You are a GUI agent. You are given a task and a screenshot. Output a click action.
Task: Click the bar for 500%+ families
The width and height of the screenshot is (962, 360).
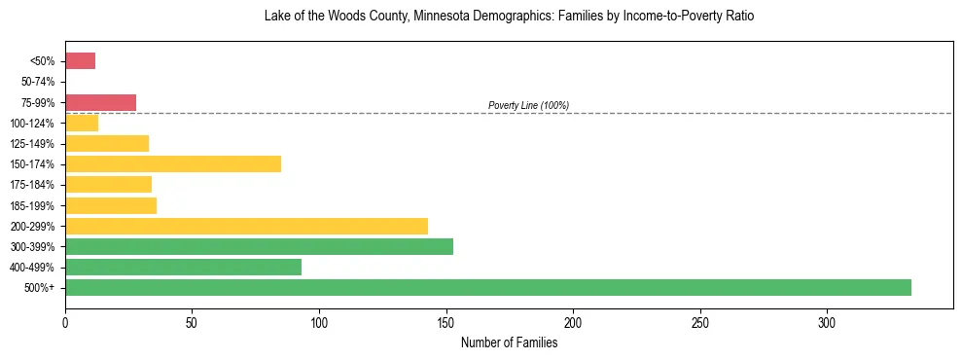(x=487, y=287)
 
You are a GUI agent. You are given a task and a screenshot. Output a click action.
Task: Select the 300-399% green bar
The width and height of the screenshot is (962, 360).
(x=259, y=246)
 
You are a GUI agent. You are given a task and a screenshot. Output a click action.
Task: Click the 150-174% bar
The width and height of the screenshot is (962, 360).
(x=173, y=163)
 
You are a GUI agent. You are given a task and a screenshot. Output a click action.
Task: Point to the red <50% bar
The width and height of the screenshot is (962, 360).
(x=80, y=60)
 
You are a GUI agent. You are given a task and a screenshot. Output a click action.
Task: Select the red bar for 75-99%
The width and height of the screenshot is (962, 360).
(x=100, y=102)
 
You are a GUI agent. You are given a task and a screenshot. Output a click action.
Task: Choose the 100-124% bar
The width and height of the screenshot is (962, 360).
(x=82, y=123)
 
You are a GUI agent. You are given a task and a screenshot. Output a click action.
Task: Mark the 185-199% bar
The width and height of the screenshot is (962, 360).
(x=111, y=205)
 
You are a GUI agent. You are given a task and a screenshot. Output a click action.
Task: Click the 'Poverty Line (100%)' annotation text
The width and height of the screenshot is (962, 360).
(x=528, y=105)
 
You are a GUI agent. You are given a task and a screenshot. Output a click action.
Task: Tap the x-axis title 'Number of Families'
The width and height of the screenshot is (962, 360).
(x=509, y=342)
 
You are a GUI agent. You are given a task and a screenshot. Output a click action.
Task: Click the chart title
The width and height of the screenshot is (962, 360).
(x=509, y=17)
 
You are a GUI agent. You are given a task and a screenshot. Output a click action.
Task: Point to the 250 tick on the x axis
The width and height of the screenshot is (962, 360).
(x=700, y=322)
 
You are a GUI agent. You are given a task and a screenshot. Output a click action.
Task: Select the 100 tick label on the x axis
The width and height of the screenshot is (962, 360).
(x=319, y=322)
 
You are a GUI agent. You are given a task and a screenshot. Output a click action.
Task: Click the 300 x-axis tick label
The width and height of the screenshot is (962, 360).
(x=827, y=322)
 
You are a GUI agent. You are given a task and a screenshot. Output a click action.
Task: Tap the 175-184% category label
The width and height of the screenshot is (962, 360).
(x=37, y=185)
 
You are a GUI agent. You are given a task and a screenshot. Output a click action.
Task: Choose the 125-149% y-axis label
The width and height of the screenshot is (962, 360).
(x=37, y=143)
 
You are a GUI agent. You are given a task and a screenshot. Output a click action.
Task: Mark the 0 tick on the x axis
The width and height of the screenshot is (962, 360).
(x=65, y=322)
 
